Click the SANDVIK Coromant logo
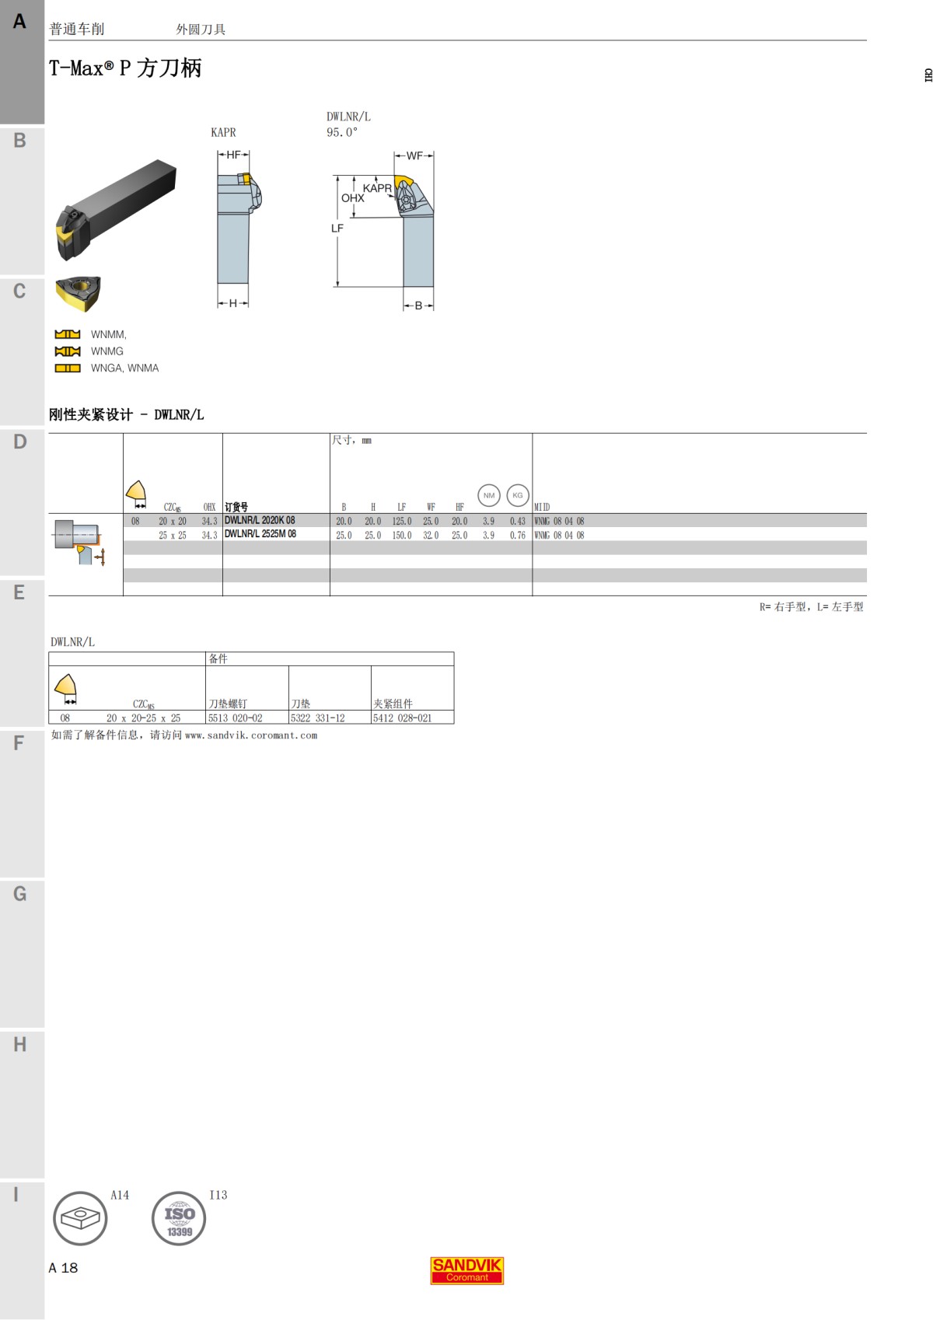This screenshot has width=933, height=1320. pos(467,1270)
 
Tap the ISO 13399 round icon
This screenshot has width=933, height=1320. pos(179,1218)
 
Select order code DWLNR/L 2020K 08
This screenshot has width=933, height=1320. pos(260,520)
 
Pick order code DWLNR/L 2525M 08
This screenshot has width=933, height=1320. pos(260,534)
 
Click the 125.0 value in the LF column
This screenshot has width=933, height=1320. pos(402,521)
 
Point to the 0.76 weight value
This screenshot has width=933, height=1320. pos(518,535)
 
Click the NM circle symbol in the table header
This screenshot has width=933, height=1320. pos(488,495)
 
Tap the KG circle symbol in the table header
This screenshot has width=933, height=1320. pos(518,495)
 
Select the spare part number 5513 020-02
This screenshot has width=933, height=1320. pos(235,718)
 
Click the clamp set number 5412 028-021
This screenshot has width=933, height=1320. pos(402,718)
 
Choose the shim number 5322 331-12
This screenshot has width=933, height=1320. pos(317,718)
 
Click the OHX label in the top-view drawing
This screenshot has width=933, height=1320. pos(352,198)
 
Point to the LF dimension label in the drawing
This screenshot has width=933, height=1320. pos(337,229)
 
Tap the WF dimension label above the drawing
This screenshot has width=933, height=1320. pos(414,155)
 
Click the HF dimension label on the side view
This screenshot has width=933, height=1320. pos(233,155)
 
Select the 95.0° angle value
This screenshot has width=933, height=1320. pos(342,132)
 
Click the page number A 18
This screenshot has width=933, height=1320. pos(64,1268)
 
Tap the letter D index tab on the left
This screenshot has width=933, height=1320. pos(20,442)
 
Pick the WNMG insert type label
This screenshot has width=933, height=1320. pos(107,351)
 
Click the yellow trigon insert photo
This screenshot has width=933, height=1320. pos(78,293)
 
